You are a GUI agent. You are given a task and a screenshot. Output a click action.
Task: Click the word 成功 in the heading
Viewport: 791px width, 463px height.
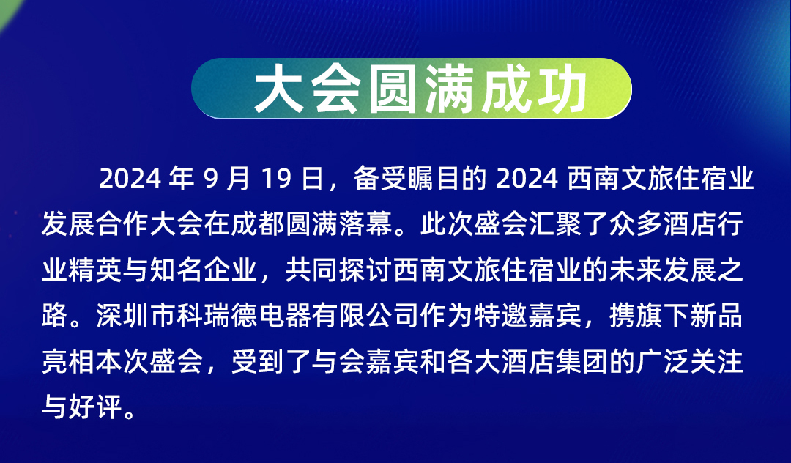(534, 90)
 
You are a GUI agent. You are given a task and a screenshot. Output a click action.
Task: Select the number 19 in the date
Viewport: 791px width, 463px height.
(277, 179)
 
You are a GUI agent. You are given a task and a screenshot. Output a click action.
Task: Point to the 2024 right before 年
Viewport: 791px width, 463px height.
(130, 179)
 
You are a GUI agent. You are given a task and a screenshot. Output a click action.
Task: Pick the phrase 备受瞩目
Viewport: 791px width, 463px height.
(406, 179)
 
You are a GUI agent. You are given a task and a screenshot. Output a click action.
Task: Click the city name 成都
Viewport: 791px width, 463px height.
(257, 224)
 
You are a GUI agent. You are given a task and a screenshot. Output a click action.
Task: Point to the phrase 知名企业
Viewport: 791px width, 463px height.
(203, 270)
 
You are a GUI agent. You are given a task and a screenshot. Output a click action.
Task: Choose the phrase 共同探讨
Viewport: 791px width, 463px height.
(338, 270)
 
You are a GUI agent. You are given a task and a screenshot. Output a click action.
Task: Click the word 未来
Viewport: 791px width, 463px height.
(636, 270)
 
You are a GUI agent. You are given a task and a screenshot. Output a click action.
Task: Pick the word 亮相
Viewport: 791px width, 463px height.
(67, 362)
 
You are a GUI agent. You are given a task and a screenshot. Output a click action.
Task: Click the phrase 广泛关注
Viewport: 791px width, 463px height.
(690, 362)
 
